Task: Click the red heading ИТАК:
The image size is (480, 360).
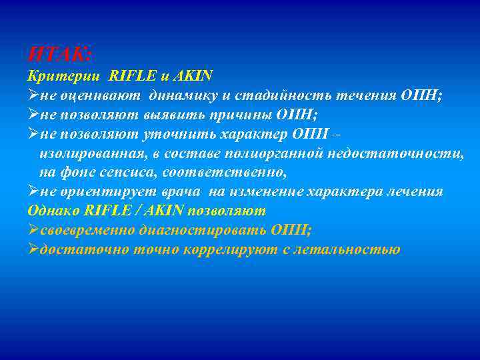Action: tap(61, 53)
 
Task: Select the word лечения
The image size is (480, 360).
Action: tap(415, 191)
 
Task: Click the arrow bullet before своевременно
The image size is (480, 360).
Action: tap(33, 230)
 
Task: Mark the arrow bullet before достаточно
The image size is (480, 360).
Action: tap(33, 249)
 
